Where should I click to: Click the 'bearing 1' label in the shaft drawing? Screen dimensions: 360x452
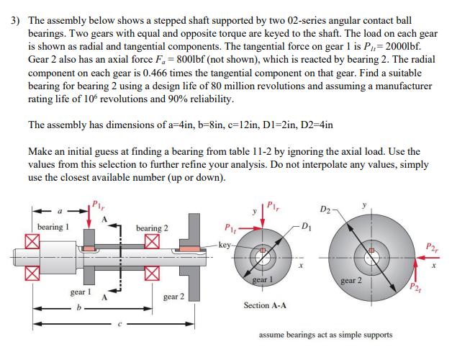click(53, 228)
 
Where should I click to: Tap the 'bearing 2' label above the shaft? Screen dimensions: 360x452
click(153, 228)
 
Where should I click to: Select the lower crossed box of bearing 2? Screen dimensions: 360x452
click(152, 272)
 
